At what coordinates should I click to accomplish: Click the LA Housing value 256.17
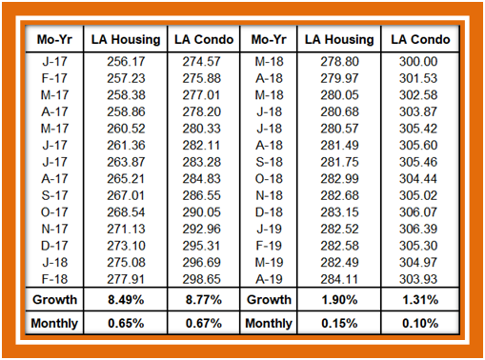tap(126, 62)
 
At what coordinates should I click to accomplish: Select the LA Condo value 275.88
tap(201, 78)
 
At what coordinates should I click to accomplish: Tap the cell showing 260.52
tap(126, 129)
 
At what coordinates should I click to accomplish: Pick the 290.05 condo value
tap(201, 212)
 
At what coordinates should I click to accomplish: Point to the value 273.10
tap(126, 246)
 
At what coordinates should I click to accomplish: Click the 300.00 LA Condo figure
tap(418, 62)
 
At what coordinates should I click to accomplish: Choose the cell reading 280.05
tap(339, 95)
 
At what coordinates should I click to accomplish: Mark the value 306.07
tap(418, 212)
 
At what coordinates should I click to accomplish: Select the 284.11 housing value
tap(339, 279)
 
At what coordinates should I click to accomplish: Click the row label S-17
tap(54, 195)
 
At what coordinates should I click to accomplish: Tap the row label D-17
tap(54, 246)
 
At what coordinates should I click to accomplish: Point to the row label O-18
tap(269, 179)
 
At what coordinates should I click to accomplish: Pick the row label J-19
tap(269, 229)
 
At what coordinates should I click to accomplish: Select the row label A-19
tap(269, 279)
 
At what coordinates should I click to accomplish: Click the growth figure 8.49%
tap(126, 300)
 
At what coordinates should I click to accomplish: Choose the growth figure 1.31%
tap(420, 300)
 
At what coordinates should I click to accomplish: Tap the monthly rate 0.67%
tap(204, 324)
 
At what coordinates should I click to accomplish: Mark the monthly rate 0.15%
tap(339, 324)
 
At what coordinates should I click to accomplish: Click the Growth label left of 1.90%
tap(269, 300)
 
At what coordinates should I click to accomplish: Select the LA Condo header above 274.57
tap(204, 40)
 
